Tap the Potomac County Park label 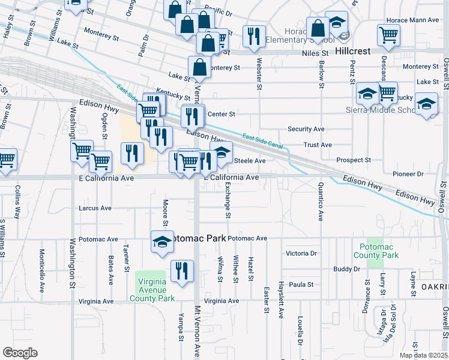(x=379, y=251)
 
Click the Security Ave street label (x=306, y=129)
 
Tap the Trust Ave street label (x=318, y=145)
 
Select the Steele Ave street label (x=249, y=161)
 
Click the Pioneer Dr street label (x=408, y=174)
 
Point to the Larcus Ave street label (x=95, y=208)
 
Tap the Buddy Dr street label (x=346, y=269)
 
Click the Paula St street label (x=302, y=284)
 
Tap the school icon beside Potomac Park (x=161, y=241)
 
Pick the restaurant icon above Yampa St (x=182, y=271)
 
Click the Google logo (x=20, y=353)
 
